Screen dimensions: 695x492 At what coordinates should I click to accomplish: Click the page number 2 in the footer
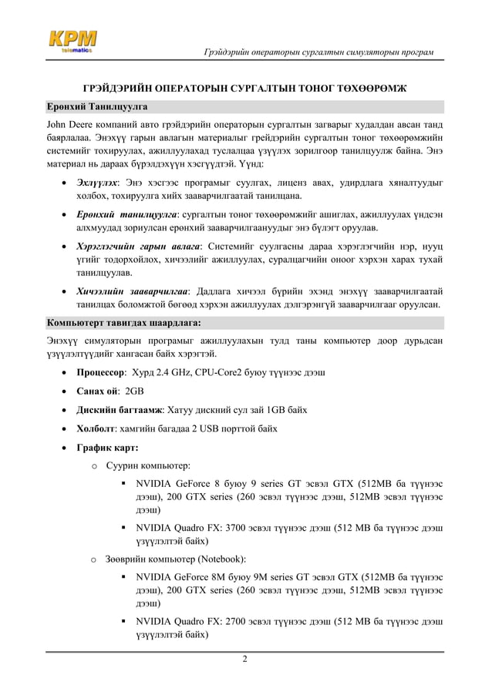click(x=245, y=660)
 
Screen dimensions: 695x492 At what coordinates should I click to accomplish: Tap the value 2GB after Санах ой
click(x=145, y=391)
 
